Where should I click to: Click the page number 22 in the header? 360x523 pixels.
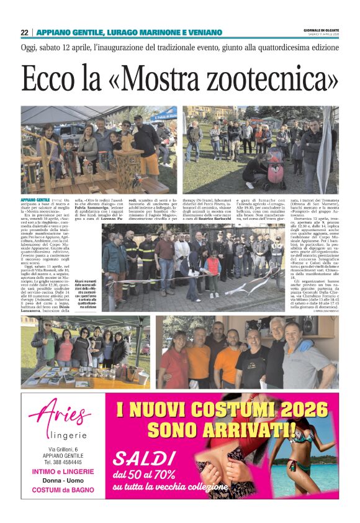[24, 32]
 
